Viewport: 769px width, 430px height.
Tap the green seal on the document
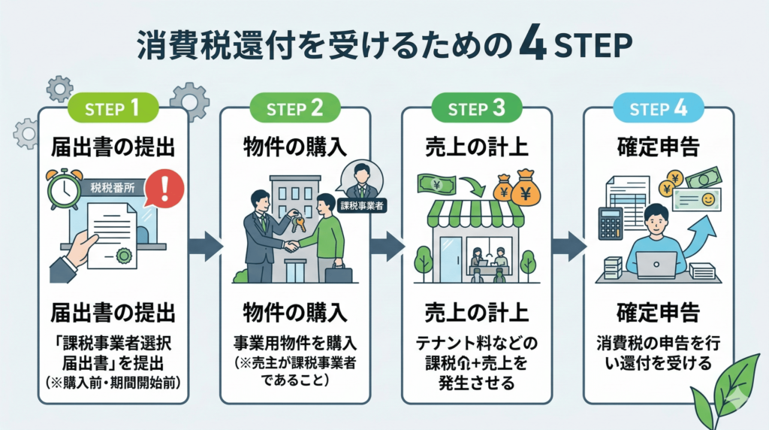pos(124,256)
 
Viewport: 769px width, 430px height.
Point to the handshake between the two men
pos(290,244)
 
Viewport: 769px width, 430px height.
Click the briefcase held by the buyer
pos(338,272)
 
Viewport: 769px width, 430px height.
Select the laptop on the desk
pos(656,264)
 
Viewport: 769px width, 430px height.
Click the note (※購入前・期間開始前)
pos(113,382)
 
